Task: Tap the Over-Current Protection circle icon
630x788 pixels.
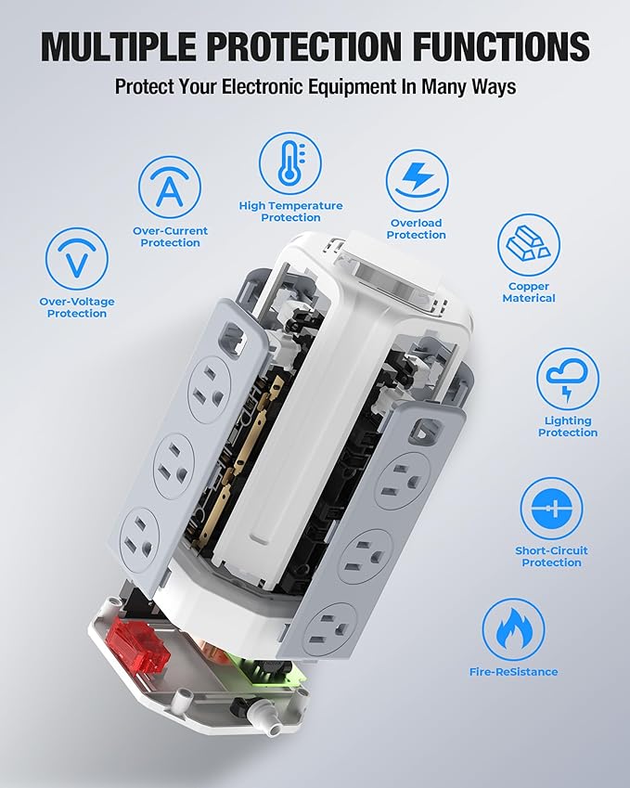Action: coord(170,187)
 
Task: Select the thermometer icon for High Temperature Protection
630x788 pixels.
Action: coord(290,162)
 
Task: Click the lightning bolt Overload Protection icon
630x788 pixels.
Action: coord(417,181)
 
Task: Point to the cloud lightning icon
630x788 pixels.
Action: coord(568,379)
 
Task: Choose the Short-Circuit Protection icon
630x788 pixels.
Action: coord(551,509)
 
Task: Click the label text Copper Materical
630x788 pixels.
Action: coord(529,292)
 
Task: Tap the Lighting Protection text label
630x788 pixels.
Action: coord(568,427)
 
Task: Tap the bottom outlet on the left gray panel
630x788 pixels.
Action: coord(141,534)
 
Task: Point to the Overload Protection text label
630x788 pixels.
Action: coord(417,229)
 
